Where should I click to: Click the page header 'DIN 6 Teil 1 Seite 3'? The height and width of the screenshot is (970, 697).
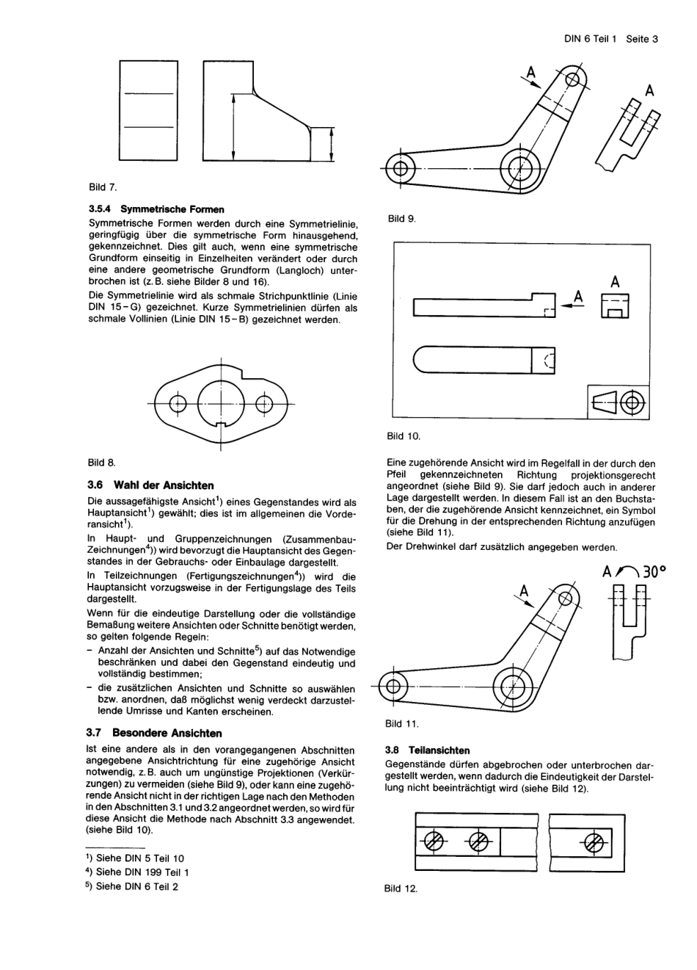[x=610, y=39]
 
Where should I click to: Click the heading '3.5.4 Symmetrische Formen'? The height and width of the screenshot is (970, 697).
[x=156, y=209]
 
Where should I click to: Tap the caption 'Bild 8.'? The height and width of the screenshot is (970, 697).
[x=102, y=463]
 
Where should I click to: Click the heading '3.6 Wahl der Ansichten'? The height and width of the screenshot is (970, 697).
[x=150, y=485]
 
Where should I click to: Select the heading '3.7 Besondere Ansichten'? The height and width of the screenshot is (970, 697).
[x=154, y=733]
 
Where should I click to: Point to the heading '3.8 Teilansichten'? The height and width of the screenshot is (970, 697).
[x=427, y=750]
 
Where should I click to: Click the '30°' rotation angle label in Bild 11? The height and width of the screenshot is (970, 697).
[x=655, y=572]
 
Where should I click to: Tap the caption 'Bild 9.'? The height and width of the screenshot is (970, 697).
[x=402, y=218]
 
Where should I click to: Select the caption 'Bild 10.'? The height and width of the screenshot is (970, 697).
[x=404, y=436]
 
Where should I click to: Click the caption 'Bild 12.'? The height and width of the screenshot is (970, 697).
[x=401, y=888]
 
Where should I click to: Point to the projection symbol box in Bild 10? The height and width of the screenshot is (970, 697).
[x=618, y=402]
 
